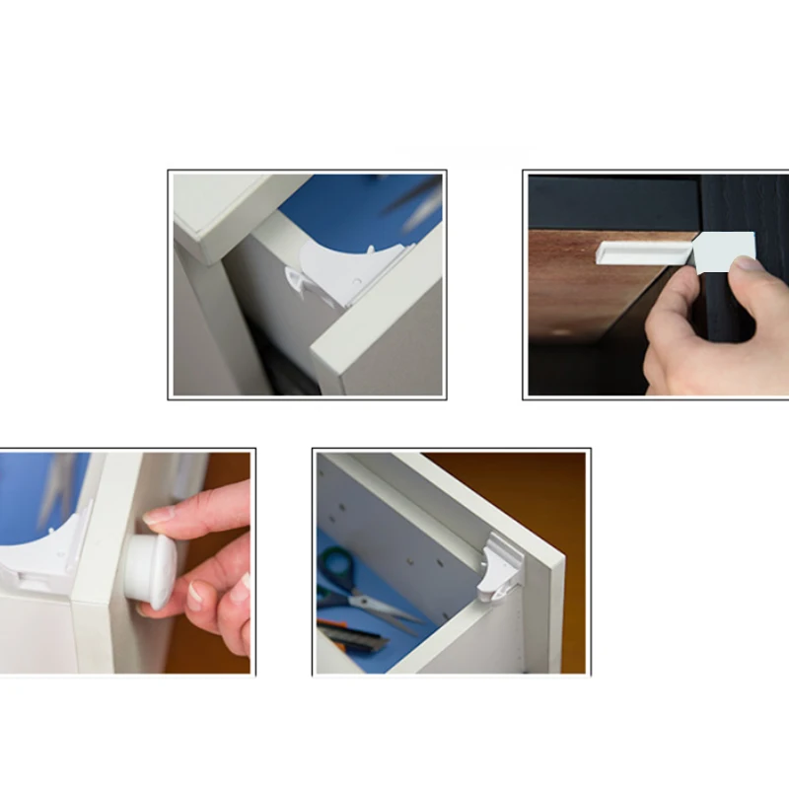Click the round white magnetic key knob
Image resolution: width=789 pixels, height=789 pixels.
tap(150, 569)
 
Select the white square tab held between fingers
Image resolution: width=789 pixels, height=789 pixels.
tap(725, 251)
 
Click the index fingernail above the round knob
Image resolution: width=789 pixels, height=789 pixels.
tap(159, 514)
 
